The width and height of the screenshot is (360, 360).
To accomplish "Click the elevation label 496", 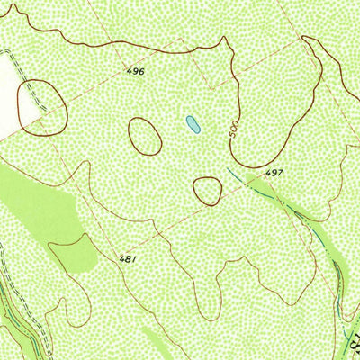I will coord(136,69).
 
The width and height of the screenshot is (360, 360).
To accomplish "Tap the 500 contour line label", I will coord(235,132).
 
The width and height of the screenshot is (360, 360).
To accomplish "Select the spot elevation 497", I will coord(274,171).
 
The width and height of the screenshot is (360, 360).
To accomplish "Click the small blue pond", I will coord(192,123).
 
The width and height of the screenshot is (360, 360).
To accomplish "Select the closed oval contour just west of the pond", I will coord(144,135).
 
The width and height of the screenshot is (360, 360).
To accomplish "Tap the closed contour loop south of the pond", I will coord(207,190).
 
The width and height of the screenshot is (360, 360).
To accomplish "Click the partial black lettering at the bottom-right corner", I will coord(354,342).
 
